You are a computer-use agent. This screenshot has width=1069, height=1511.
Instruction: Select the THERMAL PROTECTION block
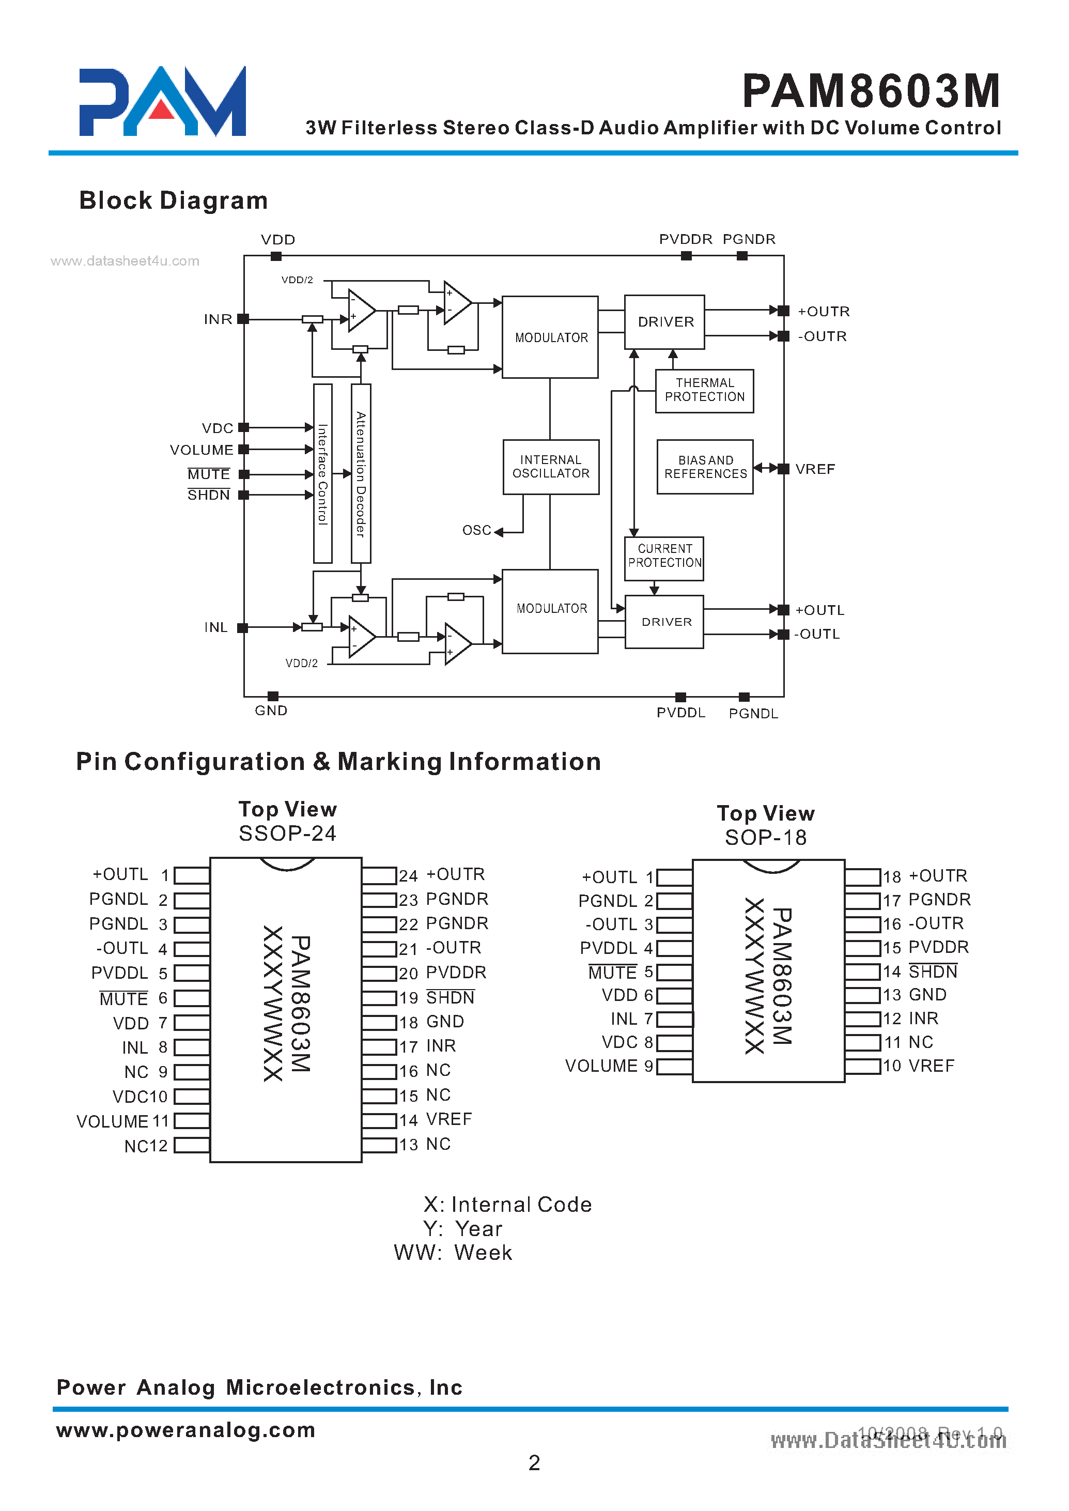point(704,391)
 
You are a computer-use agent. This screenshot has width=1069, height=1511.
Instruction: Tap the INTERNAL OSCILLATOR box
point(550,467)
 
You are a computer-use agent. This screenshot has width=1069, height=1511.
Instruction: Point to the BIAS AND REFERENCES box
point(704,467)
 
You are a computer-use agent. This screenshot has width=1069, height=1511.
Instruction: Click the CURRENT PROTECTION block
point(663,557)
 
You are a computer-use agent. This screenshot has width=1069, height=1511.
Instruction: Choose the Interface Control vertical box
point(322,473)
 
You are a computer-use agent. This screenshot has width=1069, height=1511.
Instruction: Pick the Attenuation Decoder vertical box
point(361,473)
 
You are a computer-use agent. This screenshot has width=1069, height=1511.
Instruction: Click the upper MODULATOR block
point(550,337)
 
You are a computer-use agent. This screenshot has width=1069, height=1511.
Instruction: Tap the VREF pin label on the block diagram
point(814,469)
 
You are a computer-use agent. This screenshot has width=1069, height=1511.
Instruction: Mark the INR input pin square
point(243,319)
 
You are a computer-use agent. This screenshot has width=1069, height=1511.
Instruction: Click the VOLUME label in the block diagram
point(202,450)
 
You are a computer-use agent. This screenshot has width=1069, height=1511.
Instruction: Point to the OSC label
point(476,531)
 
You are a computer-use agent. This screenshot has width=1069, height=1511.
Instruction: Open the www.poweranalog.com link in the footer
point(185,1430)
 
